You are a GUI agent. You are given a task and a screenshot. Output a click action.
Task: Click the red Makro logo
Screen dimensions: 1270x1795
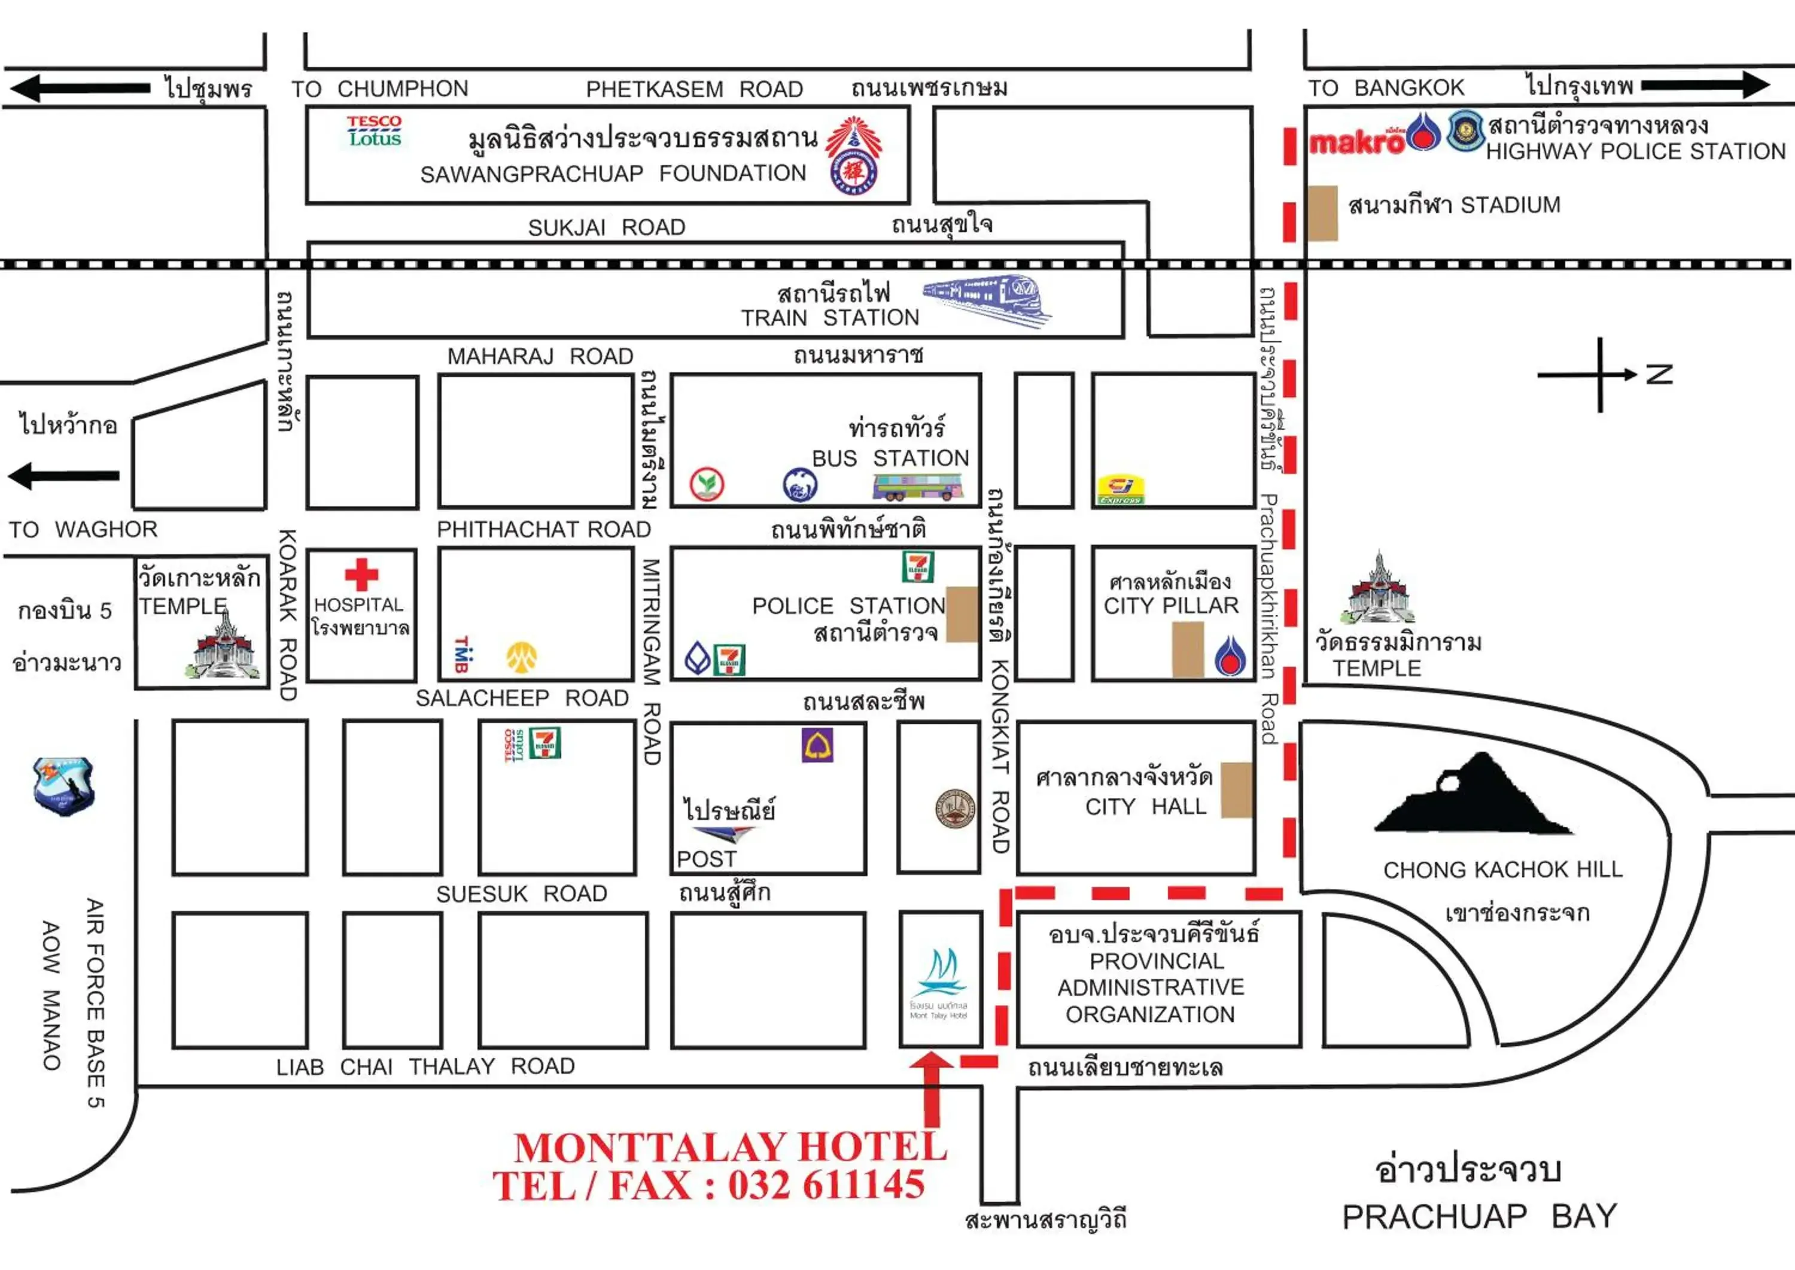pyautogui.click(x=1356, y=142)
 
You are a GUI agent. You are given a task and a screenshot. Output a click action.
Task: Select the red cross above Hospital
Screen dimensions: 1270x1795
pyautogui.click(x=361, y=575)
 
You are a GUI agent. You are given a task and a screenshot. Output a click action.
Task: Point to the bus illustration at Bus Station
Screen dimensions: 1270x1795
pyautogui.click(x=918, y=488)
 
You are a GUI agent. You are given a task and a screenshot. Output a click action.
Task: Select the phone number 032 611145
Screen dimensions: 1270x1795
pyautogui.click(x=826, y=1185)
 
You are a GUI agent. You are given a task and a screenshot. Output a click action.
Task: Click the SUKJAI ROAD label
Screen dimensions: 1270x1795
pyautogui.click(x=607, y=227)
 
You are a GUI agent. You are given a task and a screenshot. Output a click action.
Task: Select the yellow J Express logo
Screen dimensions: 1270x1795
pyautogui.click(x=1120, y=490)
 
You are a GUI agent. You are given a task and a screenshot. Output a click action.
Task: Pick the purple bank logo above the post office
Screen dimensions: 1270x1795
pyautogui.click(x=818, y=745)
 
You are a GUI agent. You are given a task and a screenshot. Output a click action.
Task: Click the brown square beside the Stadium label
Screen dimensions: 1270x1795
pyautogui.click(x=1322, y=212)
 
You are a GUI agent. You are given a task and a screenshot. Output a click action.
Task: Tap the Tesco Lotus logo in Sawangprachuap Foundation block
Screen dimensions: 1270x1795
pyautogui.click(x=375, y=132)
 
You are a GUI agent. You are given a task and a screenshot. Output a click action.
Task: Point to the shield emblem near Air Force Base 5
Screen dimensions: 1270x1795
pyautogui.click(x=63, y=786)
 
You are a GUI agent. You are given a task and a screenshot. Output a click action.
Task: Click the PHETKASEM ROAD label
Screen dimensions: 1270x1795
pyautogui.click(x=694, y=89)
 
